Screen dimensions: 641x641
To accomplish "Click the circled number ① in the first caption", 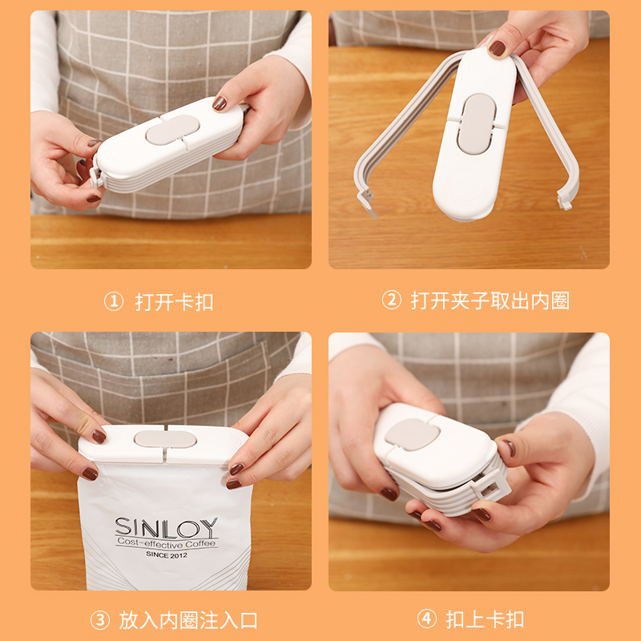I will [x=114, y=301].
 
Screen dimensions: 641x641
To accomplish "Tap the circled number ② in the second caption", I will [x=391, y=300].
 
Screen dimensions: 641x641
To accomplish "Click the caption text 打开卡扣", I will [x=174, y=302].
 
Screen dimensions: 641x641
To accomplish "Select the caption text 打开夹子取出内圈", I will [x=490, y=300].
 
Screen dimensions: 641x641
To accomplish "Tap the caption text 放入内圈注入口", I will [x=188, y=619].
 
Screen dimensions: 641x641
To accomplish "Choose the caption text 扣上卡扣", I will [x=485, y=619].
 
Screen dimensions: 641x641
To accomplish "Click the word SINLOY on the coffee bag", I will [x=166, y=527].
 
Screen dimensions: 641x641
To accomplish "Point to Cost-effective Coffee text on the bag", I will [x=166, y=542].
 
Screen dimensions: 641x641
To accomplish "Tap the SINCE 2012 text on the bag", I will [x=166, y=554].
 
